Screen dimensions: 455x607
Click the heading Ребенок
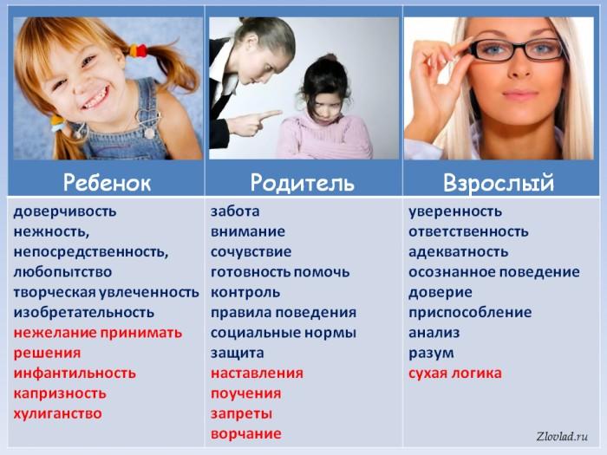[x=107, y=183]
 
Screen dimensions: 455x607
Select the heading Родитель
[x=303, y=183]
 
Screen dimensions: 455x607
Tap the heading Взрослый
[x=499, y=183]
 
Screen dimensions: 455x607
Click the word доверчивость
[x=65, y=211]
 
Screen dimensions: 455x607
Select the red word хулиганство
[x=58, y=413]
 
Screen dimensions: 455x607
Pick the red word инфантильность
[x=75, y=373]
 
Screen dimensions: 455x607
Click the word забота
[x=235, y=211]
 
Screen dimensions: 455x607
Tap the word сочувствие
[x=251, y=251]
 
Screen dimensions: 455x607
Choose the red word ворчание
[x=245, y=433]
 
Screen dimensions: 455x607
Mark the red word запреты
[x=241, y=413]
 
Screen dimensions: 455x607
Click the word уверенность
[x=455, y=211]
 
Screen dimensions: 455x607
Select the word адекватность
[x=459, y=251]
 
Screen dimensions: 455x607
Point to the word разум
[x=431, y=353]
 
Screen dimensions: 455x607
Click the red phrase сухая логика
[x=455, y=374]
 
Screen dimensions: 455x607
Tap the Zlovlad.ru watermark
[x=561, y=437]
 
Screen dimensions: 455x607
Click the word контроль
[x=245, y=292]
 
